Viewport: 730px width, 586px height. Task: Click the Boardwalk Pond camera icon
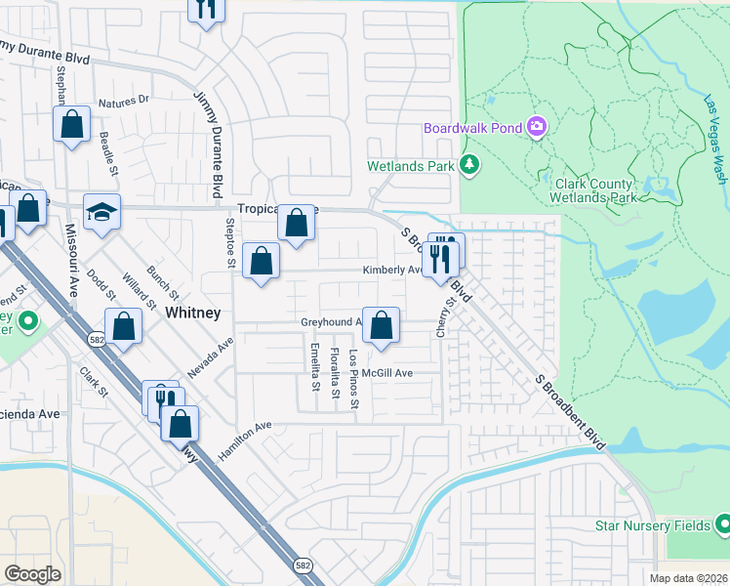coord(536,128)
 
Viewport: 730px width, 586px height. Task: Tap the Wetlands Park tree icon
coord(470,165)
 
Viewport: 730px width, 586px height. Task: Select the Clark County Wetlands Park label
coord(595,189)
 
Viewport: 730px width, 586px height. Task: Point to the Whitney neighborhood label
coord(193,313)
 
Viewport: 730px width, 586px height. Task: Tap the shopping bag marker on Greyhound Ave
coord(382,325)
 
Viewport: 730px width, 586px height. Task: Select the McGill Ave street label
coord(387,373)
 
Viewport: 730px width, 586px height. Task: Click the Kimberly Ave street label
coord(391,270)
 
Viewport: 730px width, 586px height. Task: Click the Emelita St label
coord(314,367)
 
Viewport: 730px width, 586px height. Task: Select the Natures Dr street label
coord(124,101)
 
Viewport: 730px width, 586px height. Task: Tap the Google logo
coord(32,574)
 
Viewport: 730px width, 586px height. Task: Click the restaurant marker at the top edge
coord(206,8)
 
